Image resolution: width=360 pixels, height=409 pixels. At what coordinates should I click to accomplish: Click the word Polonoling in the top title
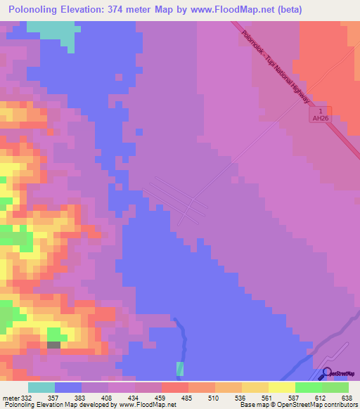pos(38,10)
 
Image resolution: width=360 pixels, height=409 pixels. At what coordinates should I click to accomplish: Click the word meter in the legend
pos(10,397)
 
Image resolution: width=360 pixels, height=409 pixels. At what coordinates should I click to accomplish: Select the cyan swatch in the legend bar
pos(41,387)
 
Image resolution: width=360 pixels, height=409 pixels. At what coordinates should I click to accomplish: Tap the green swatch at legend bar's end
pos(335,387)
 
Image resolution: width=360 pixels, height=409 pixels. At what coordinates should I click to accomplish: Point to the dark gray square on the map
pos(53,344)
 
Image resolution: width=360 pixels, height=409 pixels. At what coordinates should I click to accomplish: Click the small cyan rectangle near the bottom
pos(180,369)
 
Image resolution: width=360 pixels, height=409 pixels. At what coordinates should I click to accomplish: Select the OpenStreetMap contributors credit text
pos(317,405)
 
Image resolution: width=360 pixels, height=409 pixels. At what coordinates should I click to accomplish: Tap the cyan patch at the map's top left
pos(53,32)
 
